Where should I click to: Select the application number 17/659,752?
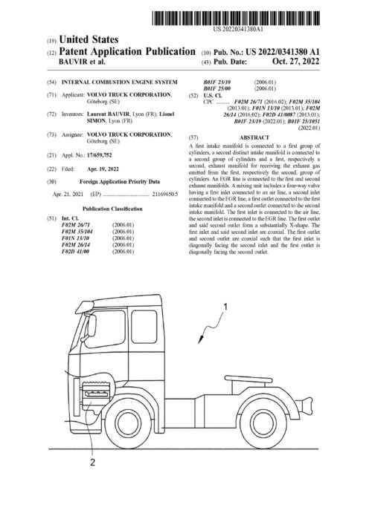101,157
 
